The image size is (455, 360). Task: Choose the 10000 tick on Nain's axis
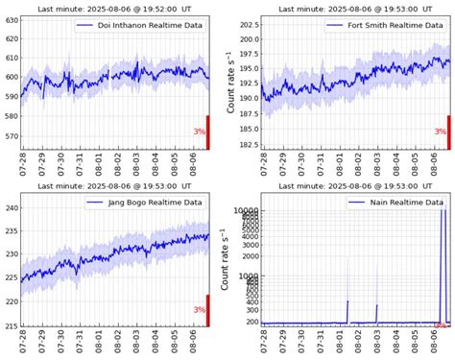click(x=244, y=210)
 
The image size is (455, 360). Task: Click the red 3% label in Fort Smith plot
click(x=440, y=132)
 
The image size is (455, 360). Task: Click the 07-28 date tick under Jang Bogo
click(x=23, y=343)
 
